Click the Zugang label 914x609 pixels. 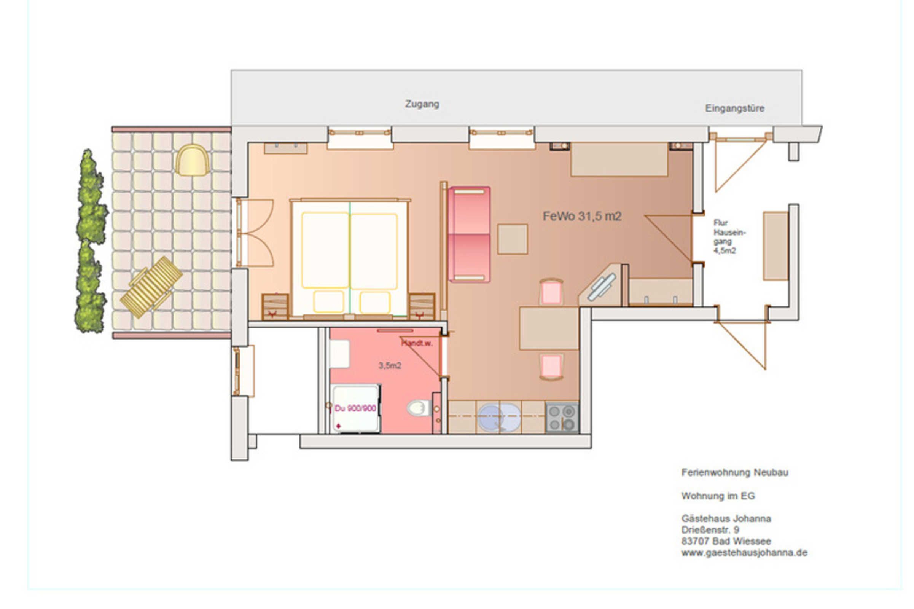[422, 104]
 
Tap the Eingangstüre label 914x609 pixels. [734, 108]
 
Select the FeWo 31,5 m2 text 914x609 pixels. [582, 216]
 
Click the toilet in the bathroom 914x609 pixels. [419, 407]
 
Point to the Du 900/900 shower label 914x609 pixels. [355, 408]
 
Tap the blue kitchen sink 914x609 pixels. [498, 418]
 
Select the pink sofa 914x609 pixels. [469, 234]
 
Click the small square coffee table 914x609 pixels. [513, 239]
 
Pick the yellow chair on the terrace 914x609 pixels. [192, 160]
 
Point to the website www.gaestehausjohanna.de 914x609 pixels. [744, 553]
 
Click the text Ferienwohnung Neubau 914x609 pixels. [735, 472]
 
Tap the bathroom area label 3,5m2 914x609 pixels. [389, 365]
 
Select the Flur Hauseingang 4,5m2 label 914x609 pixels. [729, 236]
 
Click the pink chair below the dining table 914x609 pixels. [551, 367]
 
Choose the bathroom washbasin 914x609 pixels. [339, 354]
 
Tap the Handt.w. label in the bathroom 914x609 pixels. [417, 343]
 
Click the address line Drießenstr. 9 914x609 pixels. [710, 530]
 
